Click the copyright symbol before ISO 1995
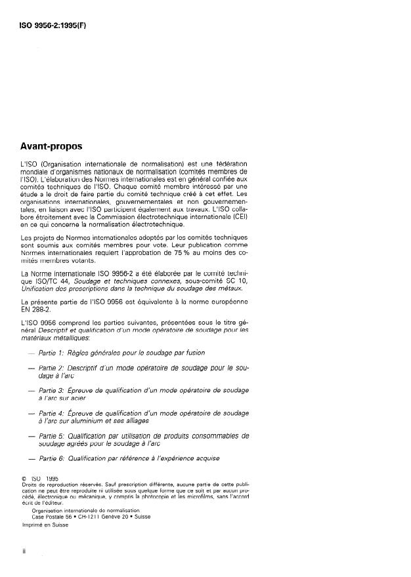pos(24,479)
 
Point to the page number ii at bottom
pos(24,551)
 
